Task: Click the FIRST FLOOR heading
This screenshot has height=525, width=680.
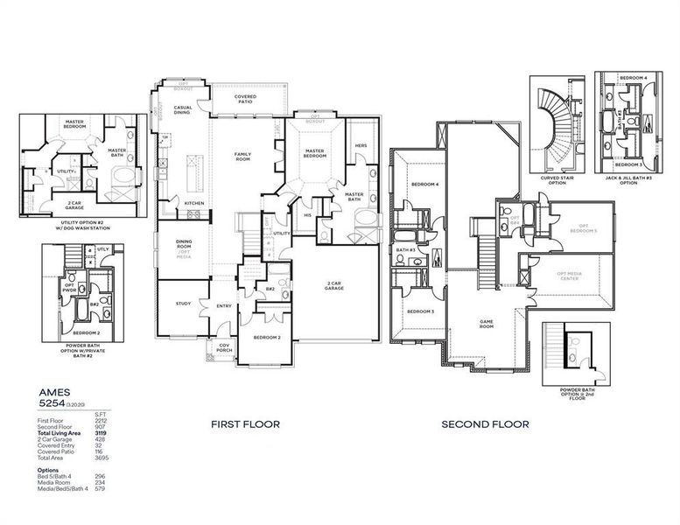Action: [245, 424]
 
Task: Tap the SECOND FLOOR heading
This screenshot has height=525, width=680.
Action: [485, 424]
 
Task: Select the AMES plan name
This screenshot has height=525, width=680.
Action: [55, 394]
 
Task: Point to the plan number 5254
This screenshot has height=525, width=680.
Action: [52, 406]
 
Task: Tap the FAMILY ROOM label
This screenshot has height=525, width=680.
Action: [242, 157]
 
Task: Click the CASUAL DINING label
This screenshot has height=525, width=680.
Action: [183, 110]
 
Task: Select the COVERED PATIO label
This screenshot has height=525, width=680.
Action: [244, 99]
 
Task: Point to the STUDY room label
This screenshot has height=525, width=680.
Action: [183, 304]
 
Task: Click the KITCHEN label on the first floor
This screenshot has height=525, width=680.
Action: [194, 203]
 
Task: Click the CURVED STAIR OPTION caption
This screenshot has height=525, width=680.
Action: [557, 180]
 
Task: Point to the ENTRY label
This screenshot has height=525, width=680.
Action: [225, 305]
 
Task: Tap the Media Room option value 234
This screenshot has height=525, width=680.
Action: [101, 482]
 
